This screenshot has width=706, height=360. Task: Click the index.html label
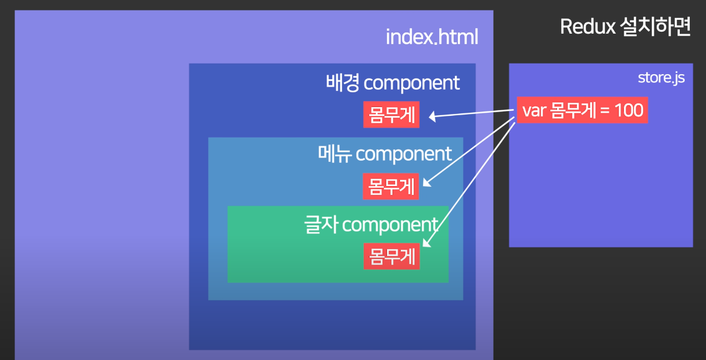[432, 37]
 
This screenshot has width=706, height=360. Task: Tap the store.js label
[661, 78]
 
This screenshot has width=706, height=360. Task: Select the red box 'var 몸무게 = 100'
[582, 110]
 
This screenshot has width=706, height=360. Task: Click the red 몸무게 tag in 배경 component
[391, 115]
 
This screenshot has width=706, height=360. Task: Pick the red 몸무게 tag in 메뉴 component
[391, 186]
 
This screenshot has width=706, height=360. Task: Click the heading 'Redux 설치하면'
[625, 27]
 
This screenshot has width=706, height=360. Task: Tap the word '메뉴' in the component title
[335, 153]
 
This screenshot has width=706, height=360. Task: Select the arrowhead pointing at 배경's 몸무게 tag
[431, 116]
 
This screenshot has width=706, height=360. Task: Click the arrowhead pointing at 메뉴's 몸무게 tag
[427, 183]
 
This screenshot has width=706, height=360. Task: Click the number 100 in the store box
[628, 110]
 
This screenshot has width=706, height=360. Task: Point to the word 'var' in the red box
[534, 111]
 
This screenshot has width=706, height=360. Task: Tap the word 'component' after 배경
[411, 82]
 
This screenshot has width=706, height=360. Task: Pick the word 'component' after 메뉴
[404, 153]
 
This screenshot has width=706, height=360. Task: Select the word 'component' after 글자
[391, 224]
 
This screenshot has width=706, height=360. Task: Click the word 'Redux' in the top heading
[586, 27]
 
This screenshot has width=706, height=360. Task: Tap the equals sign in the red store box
[605, 111]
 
